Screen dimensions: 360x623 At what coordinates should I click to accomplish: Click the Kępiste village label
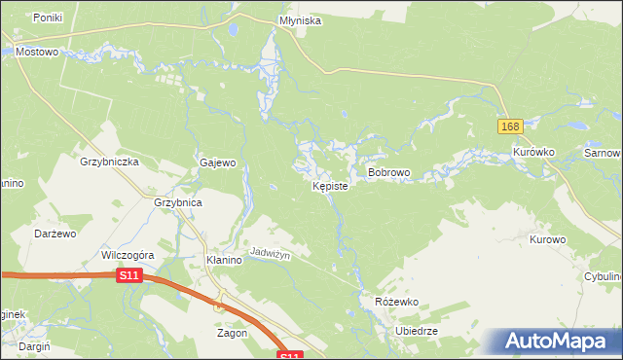(x=330, y=185)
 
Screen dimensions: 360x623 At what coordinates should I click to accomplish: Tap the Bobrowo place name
(x=388, y=172)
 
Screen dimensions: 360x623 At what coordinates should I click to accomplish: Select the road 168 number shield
(x=511, y=126)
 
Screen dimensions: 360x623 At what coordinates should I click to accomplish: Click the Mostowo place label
(x=38, y=52)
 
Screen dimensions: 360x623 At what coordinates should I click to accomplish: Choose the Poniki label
(x=48, y=18)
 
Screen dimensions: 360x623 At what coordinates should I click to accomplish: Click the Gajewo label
(x=219, y=163)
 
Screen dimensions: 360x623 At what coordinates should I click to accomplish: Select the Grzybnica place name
(x=178, y=202)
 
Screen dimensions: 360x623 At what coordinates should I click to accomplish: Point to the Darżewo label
(x=55, y=234)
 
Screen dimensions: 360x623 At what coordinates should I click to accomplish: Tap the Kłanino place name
(x=225, y=261)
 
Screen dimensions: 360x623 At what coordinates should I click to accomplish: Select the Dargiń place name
(x=33, y=345)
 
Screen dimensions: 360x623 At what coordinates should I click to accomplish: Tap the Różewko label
(x=396, y=302)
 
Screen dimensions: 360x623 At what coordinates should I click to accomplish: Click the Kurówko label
(x=533, y=153)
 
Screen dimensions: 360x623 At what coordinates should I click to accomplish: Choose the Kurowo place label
(x=548, y=238)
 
